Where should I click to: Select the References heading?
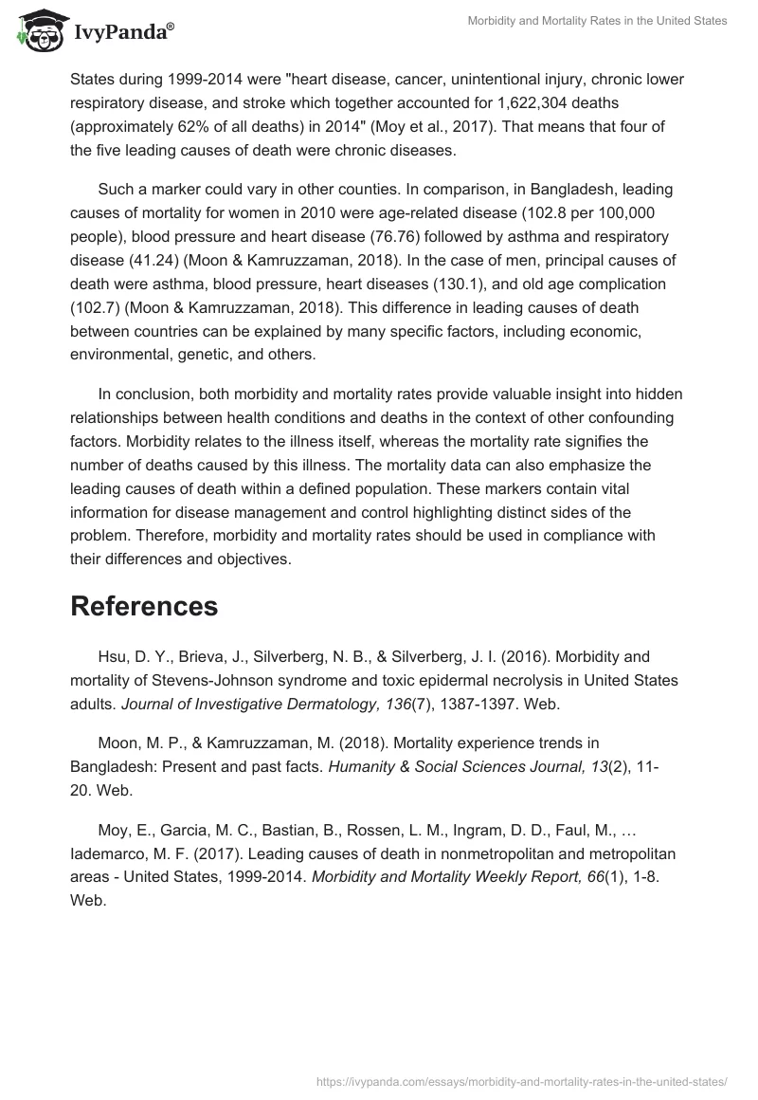[x=144, y=606]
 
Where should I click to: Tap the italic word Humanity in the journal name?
[x=361, y=766]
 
